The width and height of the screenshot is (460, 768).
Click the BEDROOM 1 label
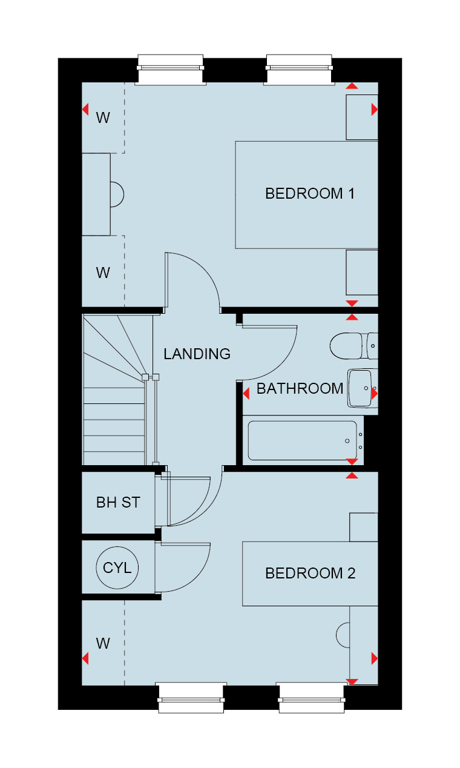tap(310, 193)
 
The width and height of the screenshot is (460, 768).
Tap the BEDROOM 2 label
tap(310, 573)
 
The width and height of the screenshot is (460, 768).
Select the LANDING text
tap(197, 354)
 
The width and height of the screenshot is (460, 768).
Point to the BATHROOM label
tap(300, 388)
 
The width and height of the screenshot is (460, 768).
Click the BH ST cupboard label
tap(118, 502)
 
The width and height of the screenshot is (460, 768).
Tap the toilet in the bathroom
tap(354, 346)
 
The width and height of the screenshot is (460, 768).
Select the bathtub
tap(303, 440)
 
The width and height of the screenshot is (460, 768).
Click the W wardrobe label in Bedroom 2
tap(103, 644)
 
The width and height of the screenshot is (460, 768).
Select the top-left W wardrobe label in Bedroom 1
tap(103, 118)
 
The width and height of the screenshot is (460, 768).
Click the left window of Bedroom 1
tap(171, 70)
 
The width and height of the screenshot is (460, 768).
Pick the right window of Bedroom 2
tap(312, 697)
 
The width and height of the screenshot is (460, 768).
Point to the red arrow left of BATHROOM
tap(246, 393)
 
